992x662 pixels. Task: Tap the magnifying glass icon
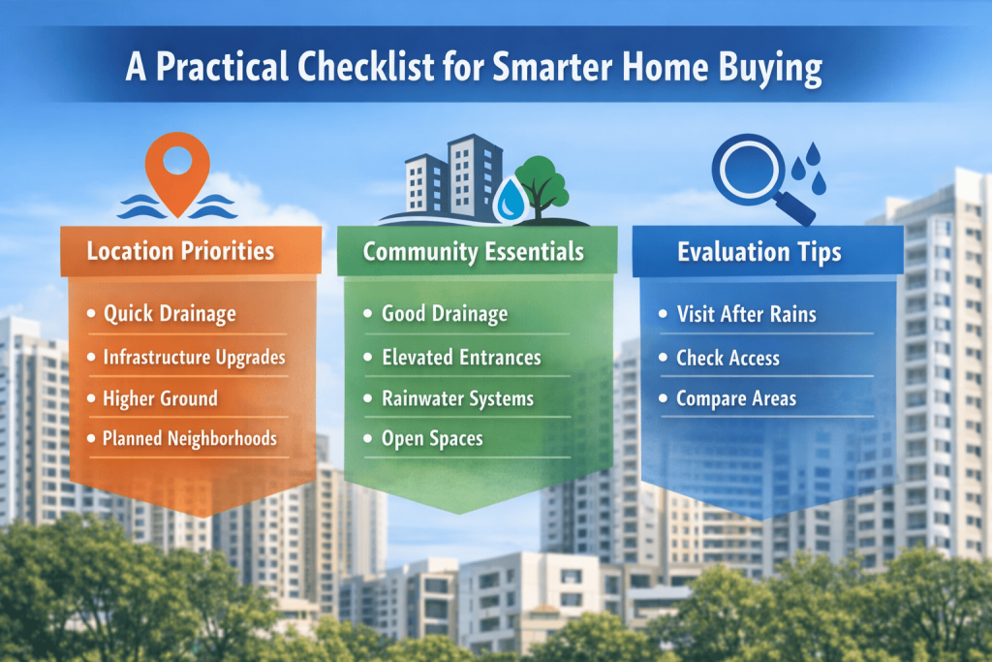tap(759, 176)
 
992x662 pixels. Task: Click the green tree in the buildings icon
tap(541, 187)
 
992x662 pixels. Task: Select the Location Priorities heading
tap(180, 251)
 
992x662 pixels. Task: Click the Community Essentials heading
tap(473, 252)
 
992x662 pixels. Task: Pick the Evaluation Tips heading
tap(759, 252)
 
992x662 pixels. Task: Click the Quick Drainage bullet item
tap(170, 314)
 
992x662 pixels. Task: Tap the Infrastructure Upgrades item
tap(194, 358)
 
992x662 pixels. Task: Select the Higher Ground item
tap(160, 398)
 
